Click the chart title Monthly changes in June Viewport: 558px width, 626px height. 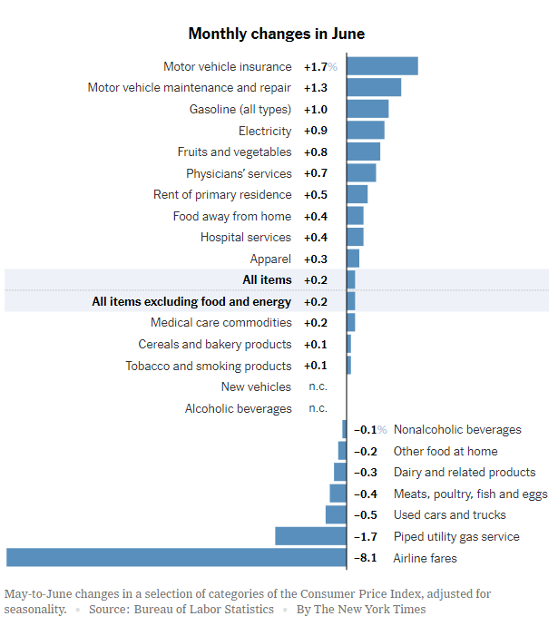tap(276, 34)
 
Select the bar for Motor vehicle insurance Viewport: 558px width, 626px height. tap(382, 66)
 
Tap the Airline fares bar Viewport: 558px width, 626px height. tap(176, 558)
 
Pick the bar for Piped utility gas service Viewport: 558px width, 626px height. tap(310, 536)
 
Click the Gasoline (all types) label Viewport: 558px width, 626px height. tap(240, 109)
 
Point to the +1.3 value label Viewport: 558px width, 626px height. tap(316, 88)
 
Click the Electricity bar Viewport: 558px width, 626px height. tap(366, 131)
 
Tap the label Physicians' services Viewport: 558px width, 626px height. tap(239, 173)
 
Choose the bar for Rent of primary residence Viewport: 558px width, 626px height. tap(357, 194)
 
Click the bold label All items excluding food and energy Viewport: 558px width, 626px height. tap(191, 301)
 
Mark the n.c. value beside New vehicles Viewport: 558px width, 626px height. tap(318, 386)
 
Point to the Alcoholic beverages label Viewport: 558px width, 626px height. tap(239, 408)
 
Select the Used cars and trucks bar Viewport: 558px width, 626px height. tap(336, 514)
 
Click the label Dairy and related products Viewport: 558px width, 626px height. tap(465, 472)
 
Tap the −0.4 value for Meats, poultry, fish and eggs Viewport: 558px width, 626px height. tap(367, 494)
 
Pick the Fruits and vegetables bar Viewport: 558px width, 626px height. tap(363, 152)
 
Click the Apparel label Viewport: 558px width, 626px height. tap(270, 259)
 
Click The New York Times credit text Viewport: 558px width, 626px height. tap(374, 609)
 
